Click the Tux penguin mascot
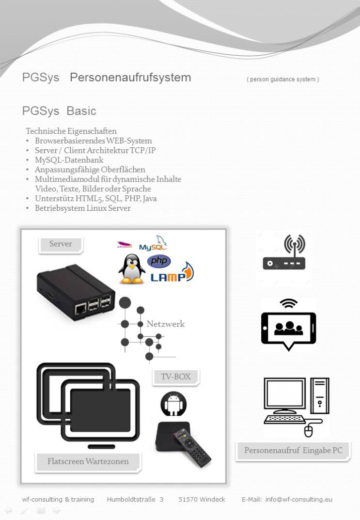(x=132, y=269)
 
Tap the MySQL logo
(x=153, y=243)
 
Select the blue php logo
(x=159, y=261)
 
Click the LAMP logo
(x=172, y=273)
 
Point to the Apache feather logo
(x=125, y=245)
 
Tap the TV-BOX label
(x=176, y=378)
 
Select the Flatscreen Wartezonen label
(x=88, y=462)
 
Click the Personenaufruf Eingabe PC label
(x=293, y=451)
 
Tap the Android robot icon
(x=173, y=404)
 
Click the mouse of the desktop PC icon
(x=309, y=431)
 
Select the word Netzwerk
(x=166, y=324)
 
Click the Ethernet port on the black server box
(x=80, y=309)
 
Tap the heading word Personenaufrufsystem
(x=130, y=77)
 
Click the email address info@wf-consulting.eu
(x=298, y=500)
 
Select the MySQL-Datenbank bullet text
(x=69, y=160)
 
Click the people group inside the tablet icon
(x=289, y=328)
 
